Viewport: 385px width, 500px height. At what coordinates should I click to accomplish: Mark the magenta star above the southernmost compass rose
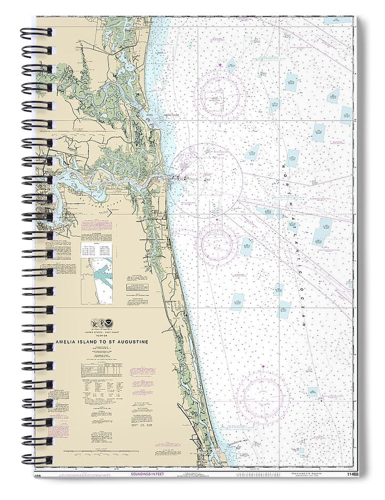tap(263, 367)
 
